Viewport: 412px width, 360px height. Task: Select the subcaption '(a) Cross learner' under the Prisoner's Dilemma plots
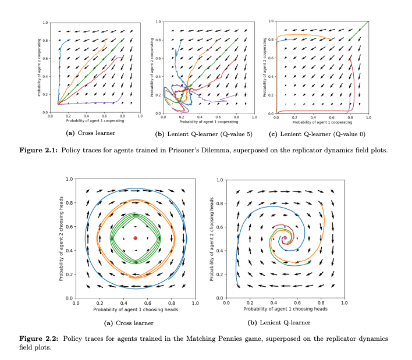coord(90,133)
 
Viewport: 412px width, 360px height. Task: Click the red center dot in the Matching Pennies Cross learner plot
coord(135,238)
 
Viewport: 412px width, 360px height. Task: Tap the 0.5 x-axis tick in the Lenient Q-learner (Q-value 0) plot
coord(322,118)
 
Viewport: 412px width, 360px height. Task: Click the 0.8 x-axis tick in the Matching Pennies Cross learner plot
coord(171,303)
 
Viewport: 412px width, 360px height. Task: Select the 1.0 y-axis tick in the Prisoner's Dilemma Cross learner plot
coord(45,23)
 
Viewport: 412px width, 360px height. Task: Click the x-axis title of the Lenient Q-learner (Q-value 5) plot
coord(208,122)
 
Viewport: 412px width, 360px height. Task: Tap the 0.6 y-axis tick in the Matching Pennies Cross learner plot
coord(70,226)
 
